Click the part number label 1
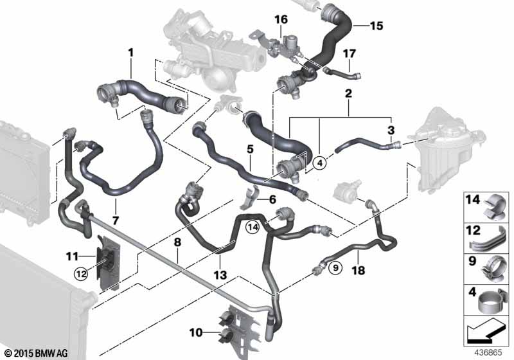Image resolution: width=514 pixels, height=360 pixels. [x=131, y=53]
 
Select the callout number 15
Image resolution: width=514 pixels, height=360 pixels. [x=377, y=26]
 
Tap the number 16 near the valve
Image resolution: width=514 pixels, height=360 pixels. [x=281, y=19]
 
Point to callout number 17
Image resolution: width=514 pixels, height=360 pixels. [x=350, y=53]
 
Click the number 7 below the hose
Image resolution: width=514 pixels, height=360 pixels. [x=115, y=221]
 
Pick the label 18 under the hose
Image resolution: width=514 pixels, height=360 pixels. [x=359, y=271]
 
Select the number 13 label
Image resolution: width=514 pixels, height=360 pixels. [x=220, y=274]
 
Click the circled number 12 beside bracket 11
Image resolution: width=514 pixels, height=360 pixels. [x=82, y=274]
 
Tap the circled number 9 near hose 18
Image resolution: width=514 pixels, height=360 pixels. [x=335, y=268]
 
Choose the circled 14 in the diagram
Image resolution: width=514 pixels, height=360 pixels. [x=253, y=226]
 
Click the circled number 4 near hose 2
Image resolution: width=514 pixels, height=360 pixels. [x=320, y=162]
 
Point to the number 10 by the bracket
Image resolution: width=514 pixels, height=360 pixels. [x=196, y=333]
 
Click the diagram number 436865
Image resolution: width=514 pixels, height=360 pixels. [x=488, y=353]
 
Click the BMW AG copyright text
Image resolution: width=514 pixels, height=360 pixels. [x=37, y=354]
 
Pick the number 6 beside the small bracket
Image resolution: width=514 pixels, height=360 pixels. [x=272, y=199]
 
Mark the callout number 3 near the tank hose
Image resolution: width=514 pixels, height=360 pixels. [x=391, y=130]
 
